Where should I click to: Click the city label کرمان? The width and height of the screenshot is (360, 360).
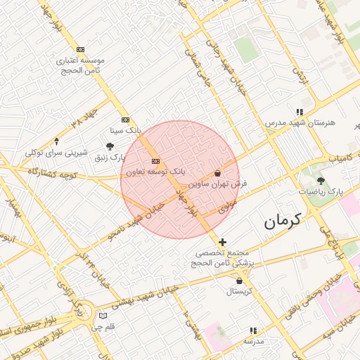282,221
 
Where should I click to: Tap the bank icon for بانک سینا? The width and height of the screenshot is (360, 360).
125,120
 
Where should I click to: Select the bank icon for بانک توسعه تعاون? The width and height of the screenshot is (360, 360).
155,160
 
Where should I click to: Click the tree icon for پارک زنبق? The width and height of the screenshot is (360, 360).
110,146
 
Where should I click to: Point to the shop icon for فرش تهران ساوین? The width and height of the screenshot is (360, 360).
217,172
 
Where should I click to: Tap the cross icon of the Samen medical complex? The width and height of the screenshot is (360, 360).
222,242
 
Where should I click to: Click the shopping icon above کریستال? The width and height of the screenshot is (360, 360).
239,281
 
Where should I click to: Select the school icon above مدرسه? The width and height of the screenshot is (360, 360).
253,330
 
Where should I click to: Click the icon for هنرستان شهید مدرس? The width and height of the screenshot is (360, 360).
300,112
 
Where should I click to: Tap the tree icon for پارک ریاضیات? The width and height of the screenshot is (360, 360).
321,181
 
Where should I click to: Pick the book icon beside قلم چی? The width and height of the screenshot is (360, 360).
103,316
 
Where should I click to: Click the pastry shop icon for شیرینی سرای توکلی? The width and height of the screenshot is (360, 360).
56,141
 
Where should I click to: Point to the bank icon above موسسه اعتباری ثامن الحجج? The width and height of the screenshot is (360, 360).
80,49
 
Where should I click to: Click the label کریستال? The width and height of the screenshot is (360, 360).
239,291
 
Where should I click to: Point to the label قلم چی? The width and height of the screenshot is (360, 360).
103,327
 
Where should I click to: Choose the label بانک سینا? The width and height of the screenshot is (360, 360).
126,130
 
